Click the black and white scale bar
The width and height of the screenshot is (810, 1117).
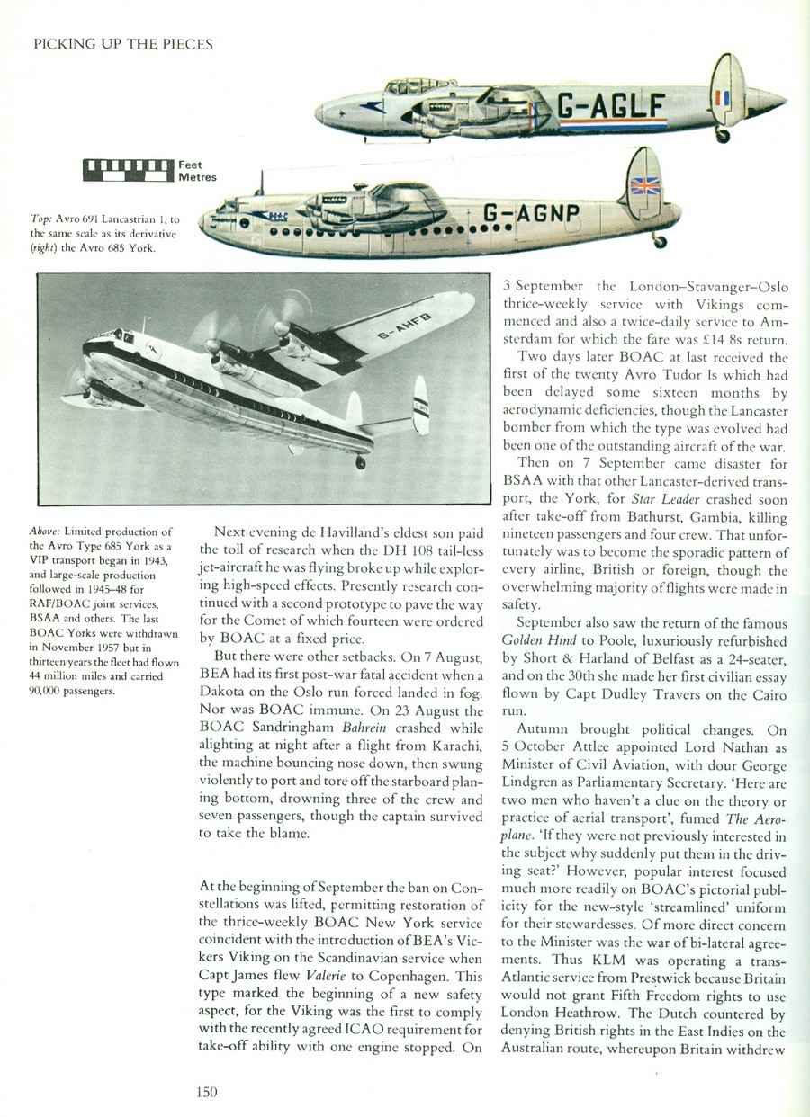pyautogui.click(x=127, y=165)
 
